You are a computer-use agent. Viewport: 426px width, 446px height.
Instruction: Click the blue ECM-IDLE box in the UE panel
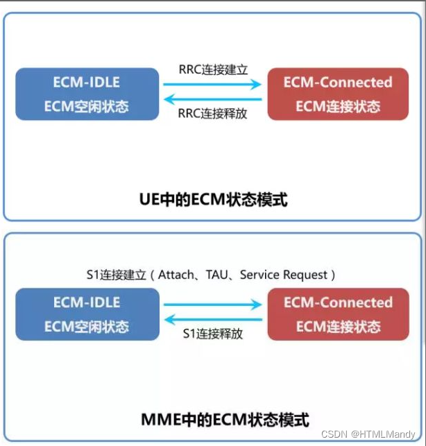click(x=87, y=94)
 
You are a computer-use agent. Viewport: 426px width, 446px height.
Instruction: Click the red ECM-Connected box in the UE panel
click(x=337, y=94)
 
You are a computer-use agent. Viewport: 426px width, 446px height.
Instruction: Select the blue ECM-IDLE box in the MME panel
click(x=87, y=314)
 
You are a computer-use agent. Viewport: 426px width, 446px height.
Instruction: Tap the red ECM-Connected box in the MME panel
click(x=337, y=314)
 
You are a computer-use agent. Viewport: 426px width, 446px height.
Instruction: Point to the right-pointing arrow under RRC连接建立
click(x=212, y=84)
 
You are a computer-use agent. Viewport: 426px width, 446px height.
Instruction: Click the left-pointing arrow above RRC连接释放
click(x=212, y=100)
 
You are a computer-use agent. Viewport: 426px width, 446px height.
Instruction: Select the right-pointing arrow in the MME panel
click(x=212, y=304)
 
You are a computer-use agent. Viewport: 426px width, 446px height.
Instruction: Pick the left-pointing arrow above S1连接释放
click(x=212, y=320)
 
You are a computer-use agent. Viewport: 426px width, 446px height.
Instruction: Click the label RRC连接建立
click(x=213, y=70)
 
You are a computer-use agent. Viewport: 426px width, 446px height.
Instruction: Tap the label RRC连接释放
click(x=212, y=114)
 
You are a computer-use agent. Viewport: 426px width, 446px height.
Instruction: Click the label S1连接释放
click(x=213, y=334)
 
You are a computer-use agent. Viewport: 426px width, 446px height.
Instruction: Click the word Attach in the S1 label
click(x=177, y=275)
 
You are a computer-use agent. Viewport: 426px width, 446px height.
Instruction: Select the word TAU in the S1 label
click(x=217, y=275)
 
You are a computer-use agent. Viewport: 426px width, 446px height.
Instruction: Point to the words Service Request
click(x=283, y=275)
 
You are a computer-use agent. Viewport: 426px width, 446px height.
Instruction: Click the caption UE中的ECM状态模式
click(x=212, y=200)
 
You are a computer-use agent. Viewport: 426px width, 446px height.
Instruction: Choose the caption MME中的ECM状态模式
click(x=212, y=420)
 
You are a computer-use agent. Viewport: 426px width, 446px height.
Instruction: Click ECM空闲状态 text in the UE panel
click(x=87, y=107)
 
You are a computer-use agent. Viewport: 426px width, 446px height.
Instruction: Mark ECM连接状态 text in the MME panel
click(x=338, y=326)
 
